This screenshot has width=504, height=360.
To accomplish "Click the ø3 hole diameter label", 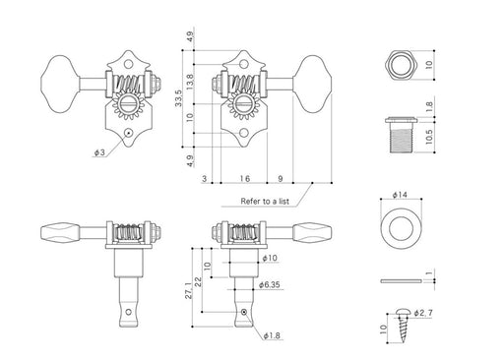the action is pos(99,152).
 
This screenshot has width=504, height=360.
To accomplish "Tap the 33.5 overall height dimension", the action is pos(178,98).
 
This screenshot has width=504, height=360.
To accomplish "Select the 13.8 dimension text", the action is pos(191,82).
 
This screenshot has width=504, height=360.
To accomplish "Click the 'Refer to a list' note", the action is pos(265,201).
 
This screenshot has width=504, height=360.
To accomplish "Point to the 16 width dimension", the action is pos(244,179).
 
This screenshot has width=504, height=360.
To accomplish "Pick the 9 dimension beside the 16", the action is pos(281,179).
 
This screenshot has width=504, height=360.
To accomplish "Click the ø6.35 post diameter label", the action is pos(270,284).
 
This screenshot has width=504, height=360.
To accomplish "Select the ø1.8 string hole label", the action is pos(272,335).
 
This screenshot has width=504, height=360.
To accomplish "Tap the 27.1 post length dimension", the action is pos(188,290).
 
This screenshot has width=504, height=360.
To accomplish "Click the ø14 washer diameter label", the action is pos(400,195).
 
